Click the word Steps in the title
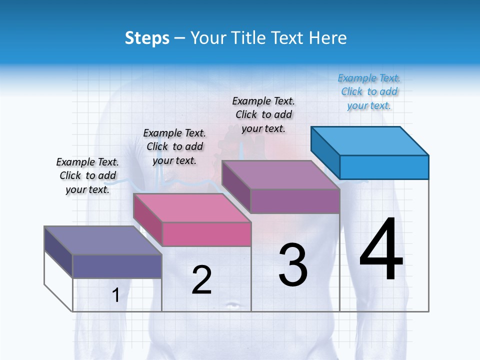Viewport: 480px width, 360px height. click(x=146, y=38)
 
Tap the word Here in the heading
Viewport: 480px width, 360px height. click(x=328, y=38)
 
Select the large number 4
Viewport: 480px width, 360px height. click(x=381, y=249)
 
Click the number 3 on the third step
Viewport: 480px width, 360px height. click(x=293, y=265)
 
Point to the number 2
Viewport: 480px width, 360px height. click(x=201, y=280)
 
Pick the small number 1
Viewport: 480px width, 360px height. click(x=115, y=295)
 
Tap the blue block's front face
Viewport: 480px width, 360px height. click(x=384, y=167)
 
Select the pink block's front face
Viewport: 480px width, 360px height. click(x=206, y=234)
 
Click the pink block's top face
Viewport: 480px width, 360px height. click(x=191, y=207)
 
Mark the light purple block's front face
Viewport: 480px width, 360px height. click(x=295, y=201)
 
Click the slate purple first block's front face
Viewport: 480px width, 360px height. click(x=117, y=266)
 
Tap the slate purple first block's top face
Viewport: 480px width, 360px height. click(x=102, y=240)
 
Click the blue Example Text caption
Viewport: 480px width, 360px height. click(x=369, y=92)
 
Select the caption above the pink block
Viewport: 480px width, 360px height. click(x=174, y=146)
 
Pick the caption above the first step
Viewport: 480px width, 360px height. click(x=87, y=175)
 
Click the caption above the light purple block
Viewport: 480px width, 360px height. click(x=263, y=114)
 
